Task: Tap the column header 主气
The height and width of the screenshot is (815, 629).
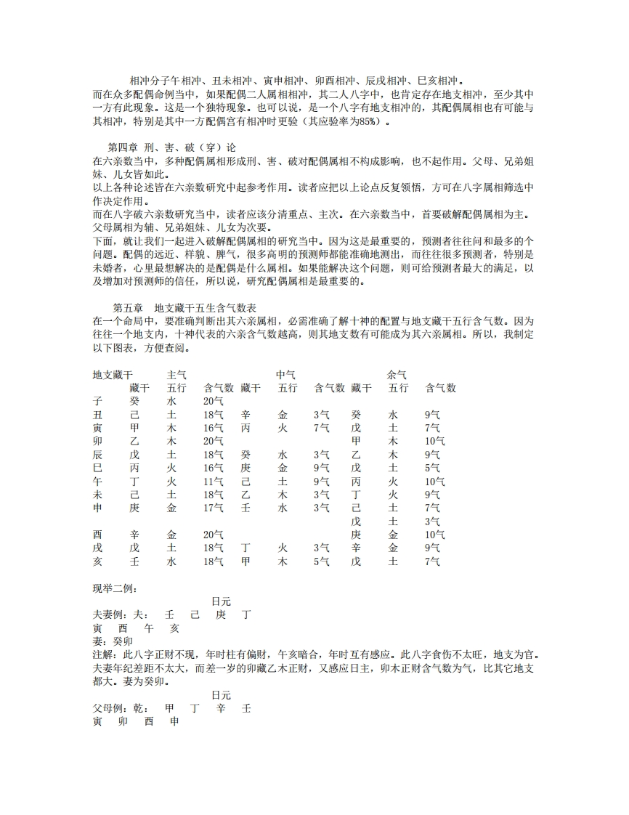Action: (177, 375)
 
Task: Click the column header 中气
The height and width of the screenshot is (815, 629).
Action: (285, 375)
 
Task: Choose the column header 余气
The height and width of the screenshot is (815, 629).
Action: (397, 375)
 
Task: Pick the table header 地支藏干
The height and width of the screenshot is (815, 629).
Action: (113, 375)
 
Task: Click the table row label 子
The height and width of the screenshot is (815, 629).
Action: (97, 401)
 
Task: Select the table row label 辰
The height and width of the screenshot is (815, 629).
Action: (97, 455)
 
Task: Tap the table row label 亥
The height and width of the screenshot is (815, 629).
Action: (97, 561)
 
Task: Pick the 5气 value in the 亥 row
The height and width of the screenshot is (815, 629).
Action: (322, 561)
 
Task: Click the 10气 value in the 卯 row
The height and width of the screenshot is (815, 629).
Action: (434, 441)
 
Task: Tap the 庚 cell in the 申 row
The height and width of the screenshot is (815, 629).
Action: (134, 508)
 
